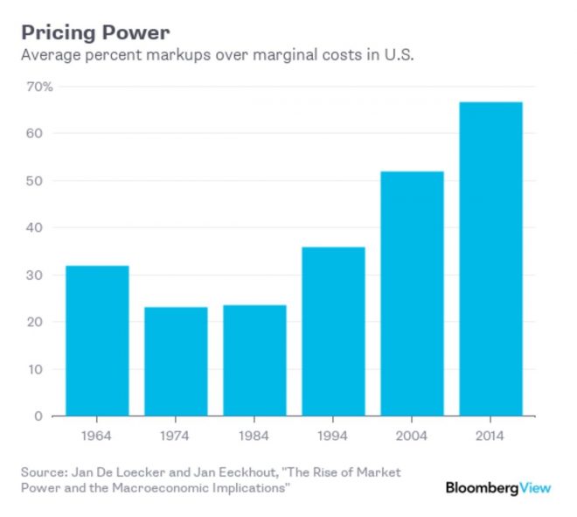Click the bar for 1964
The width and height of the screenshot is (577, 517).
click(x=97, y=340)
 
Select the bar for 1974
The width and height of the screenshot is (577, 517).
click(x=176, y=361)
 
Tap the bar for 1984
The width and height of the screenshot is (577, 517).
click(x=254, y=360)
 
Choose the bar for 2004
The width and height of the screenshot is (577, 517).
click(x=412, y=293)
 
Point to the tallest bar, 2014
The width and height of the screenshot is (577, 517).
click(x=490, y=259)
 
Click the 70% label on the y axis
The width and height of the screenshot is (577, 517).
click(x=40, y=87)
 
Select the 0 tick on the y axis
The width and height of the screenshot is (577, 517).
click(x=38, y=416)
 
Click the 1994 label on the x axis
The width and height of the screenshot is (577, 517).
click(x=333, y=435)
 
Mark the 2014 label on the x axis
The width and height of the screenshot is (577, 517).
click(x=490, y=435)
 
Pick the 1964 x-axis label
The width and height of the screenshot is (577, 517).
click(x=97, y=435)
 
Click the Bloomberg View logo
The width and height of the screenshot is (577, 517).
click(x=498, y=488)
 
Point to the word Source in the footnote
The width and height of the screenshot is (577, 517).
click(x=43, y=472)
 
